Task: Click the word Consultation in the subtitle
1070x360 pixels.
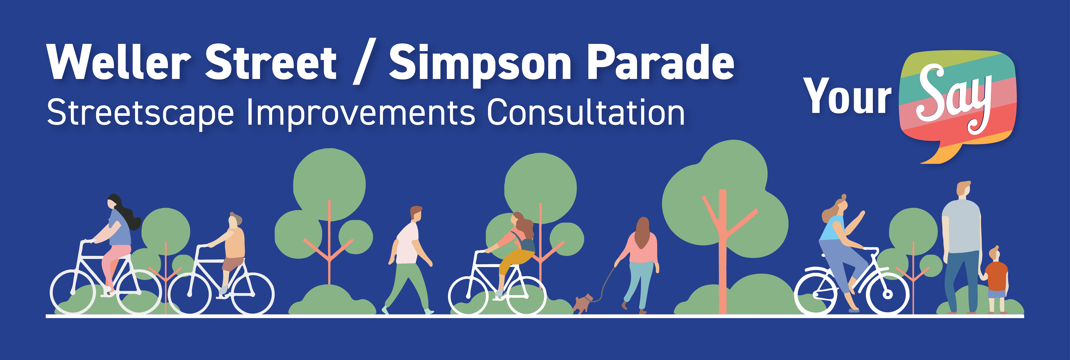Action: pos(586,112)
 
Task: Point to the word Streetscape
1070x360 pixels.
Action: pos(140,113)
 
